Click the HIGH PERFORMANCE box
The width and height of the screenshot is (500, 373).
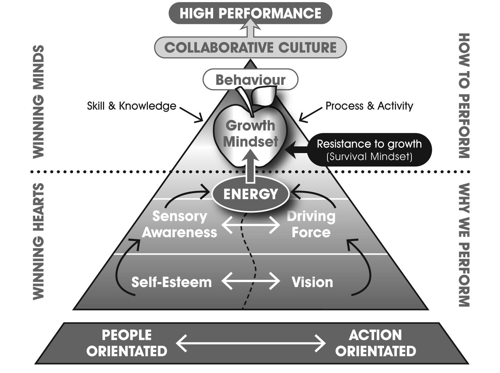pos(250,14)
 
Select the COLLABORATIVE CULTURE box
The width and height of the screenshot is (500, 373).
pos(250,47)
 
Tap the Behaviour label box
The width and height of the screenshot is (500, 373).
pos(250,80)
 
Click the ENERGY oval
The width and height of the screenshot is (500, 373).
pos(250,194)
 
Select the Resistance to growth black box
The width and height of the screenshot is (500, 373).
pos(369,150)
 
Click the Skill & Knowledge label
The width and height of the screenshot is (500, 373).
pos(132,106)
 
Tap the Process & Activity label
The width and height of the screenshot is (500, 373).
pos(369,106)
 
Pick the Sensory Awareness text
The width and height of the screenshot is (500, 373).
pos(179,224)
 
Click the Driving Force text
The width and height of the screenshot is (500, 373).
pos(311,224)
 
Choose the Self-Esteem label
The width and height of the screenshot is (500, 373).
pos(171,282)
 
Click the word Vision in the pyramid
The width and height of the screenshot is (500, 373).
pos(312,282)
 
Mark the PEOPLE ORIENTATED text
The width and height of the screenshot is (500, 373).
pos(127,343)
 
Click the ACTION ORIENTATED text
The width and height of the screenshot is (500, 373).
pos(375,343)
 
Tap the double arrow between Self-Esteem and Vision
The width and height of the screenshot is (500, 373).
pos(251,281)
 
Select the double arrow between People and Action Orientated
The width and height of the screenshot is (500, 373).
pos(251,343)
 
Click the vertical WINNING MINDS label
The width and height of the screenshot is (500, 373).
pos(39,101)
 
